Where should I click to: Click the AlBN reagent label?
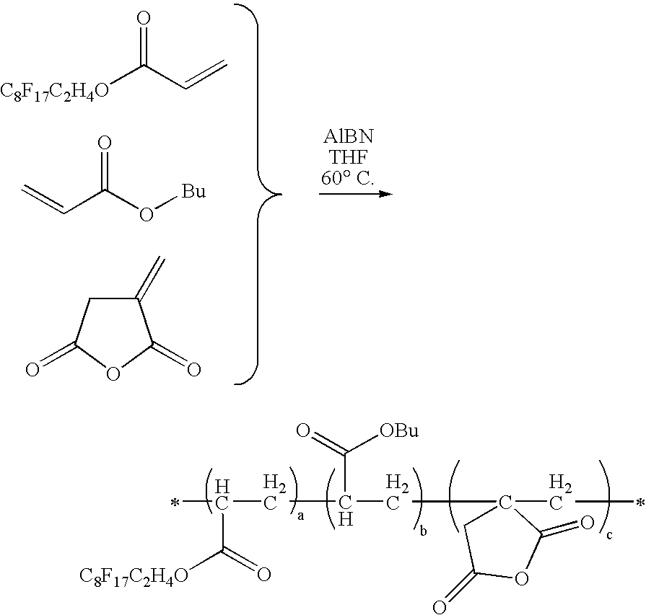tap(348, 137)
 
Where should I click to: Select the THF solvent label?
tap(348, 157)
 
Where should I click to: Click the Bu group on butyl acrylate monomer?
tap(193, 191)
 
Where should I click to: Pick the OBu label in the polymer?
tap(399, 430)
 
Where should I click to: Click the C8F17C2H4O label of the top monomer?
tap(54, 92)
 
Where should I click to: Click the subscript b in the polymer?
tap(423, 531)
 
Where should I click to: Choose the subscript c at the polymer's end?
tap(609, 535)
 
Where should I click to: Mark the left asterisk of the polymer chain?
tap(175, 503)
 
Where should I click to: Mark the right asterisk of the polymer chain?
tap(640, 503)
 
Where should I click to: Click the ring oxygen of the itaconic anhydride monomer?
tap(113, 373)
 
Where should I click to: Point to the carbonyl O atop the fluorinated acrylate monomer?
tap(143, 19)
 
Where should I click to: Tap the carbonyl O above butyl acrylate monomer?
tap(105, 143)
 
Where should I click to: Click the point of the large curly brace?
tap(281, 193)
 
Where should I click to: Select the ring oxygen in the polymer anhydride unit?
tap(521, 579)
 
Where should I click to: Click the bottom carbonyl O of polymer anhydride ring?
tap(440, 607)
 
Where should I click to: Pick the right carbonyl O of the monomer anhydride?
tap(193, 369)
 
